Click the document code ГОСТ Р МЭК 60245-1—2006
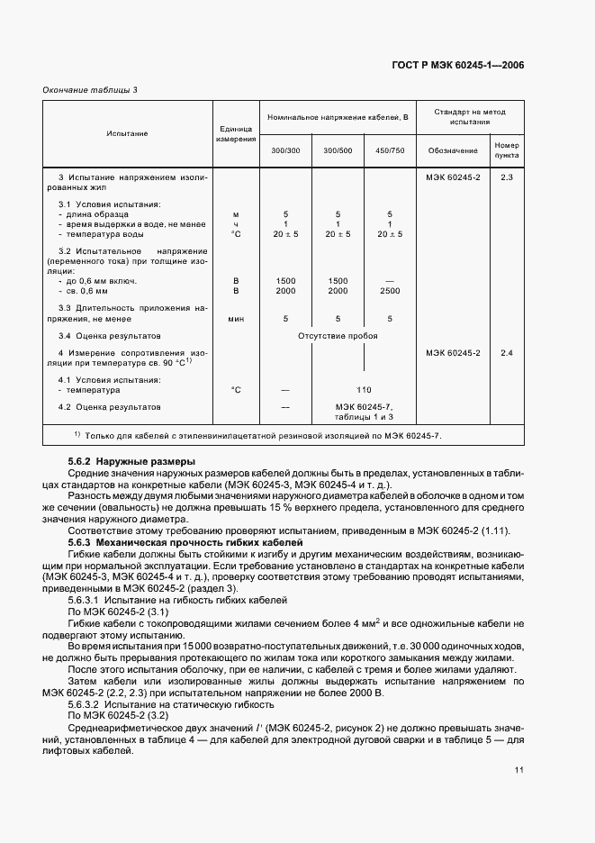(459, 65)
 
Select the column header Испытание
(127, 133)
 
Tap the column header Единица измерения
(236, 133)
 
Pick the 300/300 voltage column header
(285, 150)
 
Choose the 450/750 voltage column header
(390, 150)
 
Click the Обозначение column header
(453, 150)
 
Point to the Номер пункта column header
(506, 150)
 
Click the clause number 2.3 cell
(506, 177)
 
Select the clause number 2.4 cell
(506, 352)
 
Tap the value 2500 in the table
(390, 291)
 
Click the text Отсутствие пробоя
(338, 336)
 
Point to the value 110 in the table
(363, 390)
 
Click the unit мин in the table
(236, 318)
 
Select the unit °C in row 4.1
(236, 390)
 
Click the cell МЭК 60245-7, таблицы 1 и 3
(363, 412)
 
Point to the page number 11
(520, 769)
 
